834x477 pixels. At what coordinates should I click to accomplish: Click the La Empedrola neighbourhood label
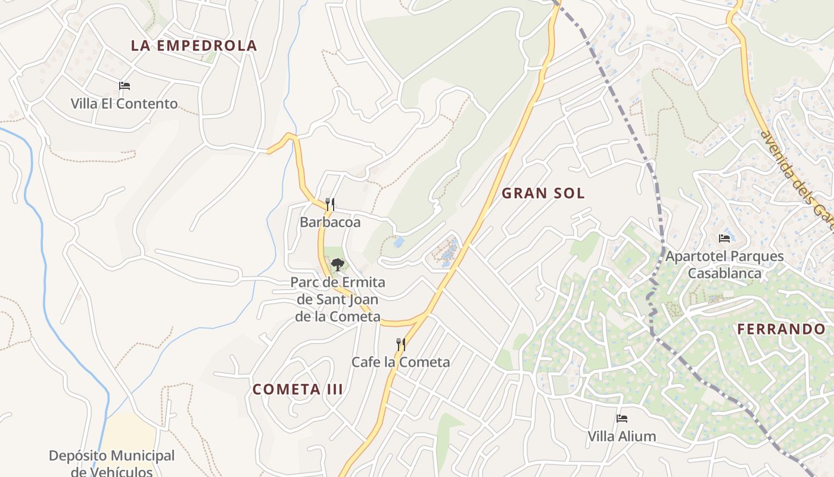coord(194,46)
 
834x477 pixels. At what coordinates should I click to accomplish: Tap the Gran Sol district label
coord(543,193)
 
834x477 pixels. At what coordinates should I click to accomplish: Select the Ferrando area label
coord(781,329)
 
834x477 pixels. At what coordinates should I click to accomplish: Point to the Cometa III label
coord(297,389)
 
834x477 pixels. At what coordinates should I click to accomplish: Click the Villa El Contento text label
coord(124,104)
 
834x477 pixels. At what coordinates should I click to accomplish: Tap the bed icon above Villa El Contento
coord(125,86)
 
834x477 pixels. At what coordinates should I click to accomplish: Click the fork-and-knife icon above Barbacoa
coord(330,205)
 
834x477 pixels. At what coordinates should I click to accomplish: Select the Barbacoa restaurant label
coord(330,222)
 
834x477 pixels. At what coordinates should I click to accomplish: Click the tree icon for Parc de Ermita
coord(337,264)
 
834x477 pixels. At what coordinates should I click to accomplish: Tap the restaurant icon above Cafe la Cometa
coord(401,344)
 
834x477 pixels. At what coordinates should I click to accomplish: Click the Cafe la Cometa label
coord(400,362)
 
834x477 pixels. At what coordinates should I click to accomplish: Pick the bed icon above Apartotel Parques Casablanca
coord(724,238)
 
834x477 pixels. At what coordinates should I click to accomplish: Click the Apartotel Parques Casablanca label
coord(724,265)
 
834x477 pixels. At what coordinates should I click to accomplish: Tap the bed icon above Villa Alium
coord(622,419)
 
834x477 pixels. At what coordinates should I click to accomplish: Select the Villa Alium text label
coord(622,436)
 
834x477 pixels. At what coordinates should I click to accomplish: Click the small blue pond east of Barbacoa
coord(399,243)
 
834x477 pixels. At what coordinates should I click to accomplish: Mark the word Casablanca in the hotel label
coord(724,274)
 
